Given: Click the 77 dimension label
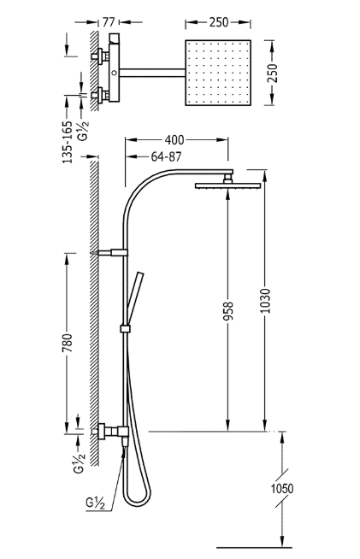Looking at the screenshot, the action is click(109, 22).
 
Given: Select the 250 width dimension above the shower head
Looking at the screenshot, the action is click(218, 22).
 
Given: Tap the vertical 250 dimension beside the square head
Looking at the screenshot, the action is click(272, 74).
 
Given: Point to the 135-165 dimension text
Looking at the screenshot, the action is click(68, 142).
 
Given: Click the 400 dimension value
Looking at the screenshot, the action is click(174, 140).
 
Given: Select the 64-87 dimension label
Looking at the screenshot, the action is click(166, 156).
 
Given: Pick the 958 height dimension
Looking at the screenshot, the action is click(228, 311).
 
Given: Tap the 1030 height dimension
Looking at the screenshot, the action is click(265, 301).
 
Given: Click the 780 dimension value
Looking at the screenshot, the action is click(68, 343).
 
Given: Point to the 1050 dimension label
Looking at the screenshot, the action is click(282, 488).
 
